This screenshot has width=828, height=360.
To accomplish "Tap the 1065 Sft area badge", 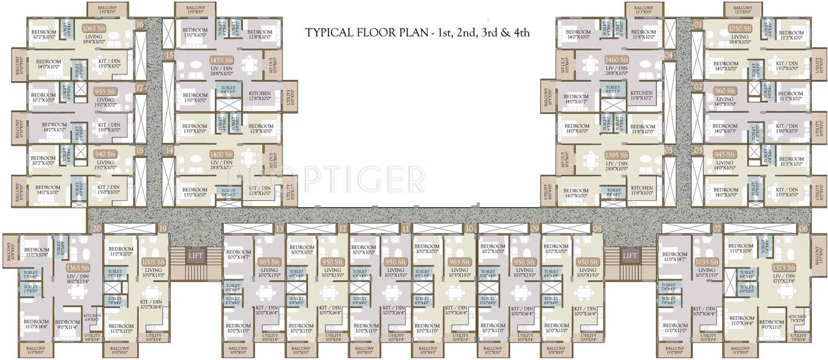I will pos(94,28).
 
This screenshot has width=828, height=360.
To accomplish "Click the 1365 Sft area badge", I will pos(74,268).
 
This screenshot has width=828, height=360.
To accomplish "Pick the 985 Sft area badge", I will pos(269,262).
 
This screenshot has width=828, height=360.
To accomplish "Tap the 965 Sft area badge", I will pos(459,262).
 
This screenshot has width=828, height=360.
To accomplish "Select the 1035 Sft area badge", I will pos(706,262).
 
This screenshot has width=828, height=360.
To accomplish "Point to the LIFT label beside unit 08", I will pos(630,255).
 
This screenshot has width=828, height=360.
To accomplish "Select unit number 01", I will pos(698,24).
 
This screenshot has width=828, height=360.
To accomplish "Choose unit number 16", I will pos(140,24).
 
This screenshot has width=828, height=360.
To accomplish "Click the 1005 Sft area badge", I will pos(152,262).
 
